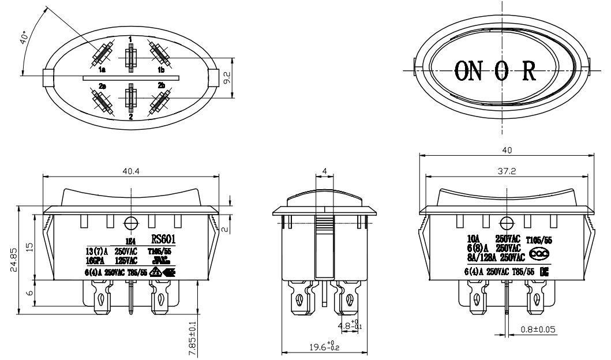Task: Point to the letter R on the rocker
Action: point(530,70)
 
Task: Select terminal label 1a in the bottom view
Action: point(102,70)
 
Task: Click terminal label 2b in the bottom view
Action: point(162,85)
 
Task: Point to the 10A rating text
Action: point(474,238)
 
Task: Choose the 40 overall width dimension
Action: point(506,150)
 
